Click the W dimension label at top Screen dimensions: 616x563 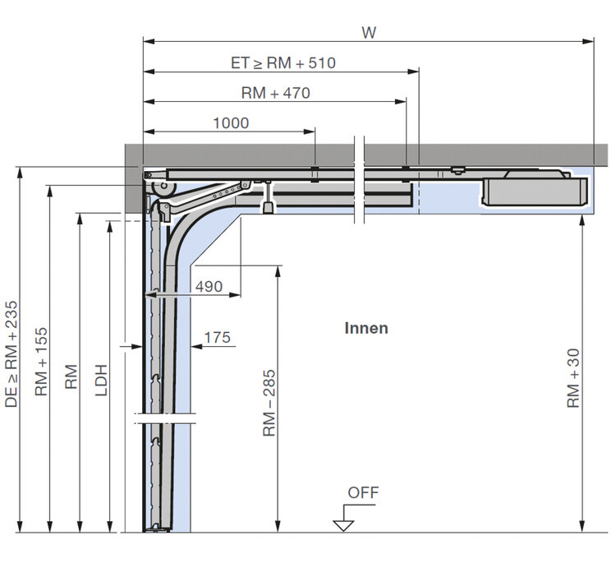[369, 33]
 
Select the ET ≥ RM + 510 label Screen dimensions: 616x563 [283, 63]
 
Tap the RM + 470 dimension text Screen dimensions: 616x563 [275, 93]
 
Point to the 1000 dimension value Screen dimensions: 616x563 [231, 123]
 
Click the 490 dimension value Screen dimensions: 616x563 [209, 287]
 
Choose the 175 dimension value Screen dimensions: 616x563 [218, 337]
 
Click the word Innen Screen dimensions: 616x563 [366, 328]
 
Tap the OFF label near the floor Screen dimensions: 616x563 [363, 492]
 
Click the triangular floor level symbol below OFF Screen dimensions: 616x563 [343, 525]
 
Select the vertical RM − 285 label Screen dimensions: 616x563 [269, 403]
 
